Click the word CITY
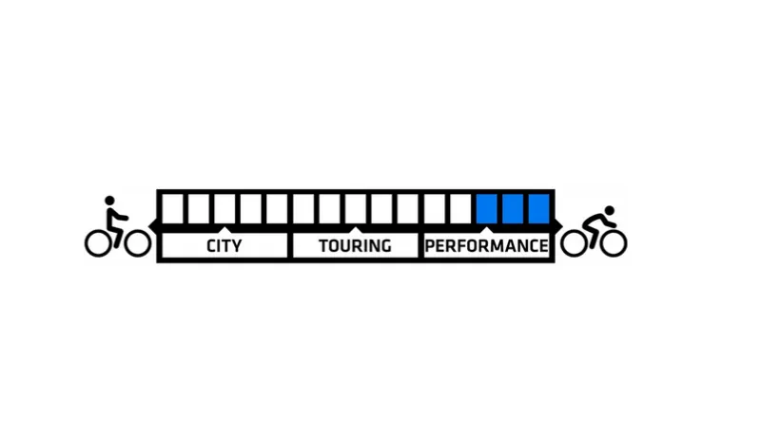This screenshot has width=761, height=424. [x=224, y=246]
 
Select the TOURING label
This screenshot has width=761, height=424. [x=355, y=246]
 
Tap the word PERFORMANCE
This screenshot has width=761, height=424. [x=487, y=246]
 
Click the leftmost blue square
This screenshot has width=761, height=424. [x=487, y=208]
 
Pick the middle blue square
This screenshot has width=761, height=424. [x=513, y=208]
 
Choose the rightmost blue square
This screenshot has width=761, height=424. [x=539, y=208]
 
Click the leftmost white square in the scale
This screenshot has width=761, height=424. [x=172, y=208]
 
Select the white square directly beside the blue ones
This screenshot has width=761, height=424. [x=460, y=208]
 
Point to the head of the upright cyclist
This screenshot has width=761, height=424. [x=109, y=201]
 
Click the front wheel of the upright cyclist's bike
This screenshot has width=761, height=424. [x=137, y=243]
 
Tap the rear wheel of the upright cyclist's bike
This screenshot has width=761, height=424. [x=98, y=243]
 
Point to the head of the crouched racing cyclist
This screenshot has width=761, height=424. [x=610, y=210]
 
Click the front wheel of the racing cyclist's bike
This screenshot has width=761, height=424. [x=614, y=243]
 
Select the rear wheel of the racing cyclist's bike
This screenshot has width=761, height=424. [x=575, y=243]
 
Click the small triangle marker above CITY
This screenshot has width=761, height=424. [x=224, y=229]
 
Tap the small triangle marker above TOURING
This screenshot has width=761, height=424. [x=355, y=229]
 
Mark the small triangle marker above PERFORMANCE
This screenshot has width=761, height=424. [x=487, y=229]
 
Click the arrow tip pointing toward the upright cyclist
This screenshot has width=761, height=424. [x=149, y=226]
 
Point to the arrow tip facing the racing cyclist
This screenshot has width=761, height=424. [x=562, y=226]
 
